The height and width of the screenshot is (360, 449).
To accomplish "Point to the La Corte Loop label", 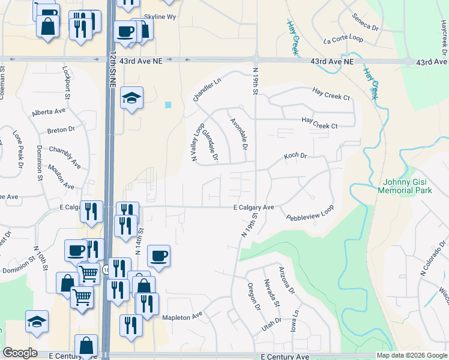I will click(343, 40).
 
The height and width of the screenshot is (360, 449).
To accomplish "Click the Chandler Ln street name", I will click(207, 89).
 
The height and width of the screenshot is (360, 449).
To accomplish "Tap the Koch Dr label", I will click(295, 156).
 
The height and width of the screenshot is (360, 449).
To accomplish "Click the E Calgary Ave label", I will click(253, 208).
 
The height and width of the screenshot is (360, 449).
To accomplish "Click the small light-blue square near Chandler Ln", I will click(168, 104).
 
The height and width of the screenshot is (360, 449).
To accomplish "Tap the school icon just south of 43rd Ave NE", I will click(131, 97).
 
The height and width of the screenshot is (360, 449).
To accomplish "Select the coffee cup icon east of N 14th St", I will click(159, 256).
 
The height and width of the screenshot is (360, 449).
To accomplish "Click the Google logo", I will click(20, 353).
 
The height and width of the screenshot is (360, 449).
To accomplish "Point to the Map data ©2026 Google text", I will click(412, 355).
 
